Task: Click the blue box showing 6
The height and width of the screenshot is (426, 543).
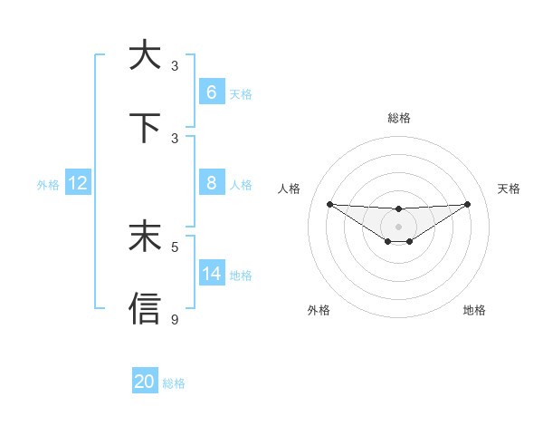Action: (211, 92)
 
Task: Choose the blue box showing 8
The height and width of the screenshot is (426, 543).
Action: (211, 183)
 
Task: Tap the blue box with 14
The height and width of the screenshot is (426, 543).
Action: (211, 274)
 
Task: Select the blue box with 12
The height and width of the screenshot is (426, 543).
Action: (78, 183)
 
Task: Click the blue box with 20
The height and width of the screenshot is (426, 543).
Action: (145, 382)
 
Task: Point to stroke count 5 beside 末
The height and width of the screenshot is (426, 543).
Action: (175, 246)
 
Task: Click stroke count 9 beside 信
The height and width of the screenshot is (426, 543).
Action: (175, 319)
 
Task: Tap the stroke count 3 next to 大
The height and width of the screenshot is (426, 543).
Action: (175, 65)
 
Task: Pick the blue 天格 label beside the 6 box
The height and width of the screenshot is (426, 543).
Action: (241, 93)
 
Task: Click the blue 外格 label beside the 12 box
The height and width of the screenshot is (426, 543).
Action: (48, 184)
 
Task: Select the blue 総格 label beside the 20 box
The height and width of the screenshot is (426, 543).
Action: (174, 383)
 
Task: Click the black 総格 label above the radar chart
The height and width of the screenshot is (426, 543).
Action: (399, 118)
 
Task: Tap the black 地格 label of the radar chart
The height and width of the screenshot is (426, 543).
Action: (474, 310)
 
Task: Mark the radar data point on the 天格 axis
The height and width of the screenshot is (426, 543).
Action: (467, 204)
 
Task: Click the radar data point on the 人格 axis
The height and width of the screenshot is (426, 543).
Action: (329, 204)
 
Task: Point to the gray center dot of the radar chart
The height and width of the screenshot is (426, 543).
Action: (398, 226)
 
